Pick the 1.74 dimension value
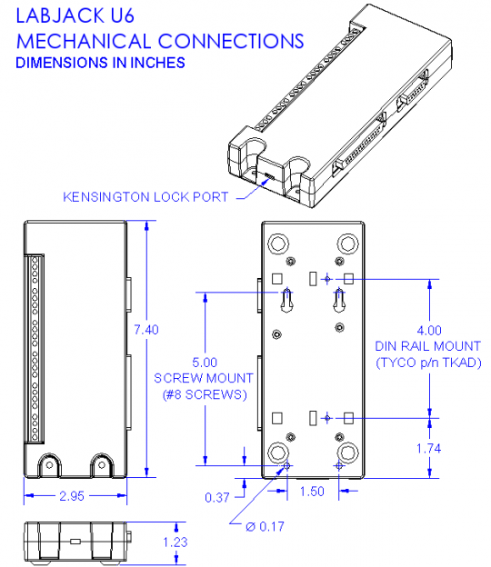point(428,449)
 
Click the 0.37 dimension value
point(217,496)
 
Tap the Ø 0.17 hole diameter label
point(262,524)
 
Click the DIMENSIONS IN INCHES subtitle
point(101,63)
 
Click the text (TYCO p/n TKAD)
point(427,363)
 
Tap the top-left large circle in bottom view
point(278,244)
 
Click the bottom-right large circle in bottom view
point(347,453)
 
